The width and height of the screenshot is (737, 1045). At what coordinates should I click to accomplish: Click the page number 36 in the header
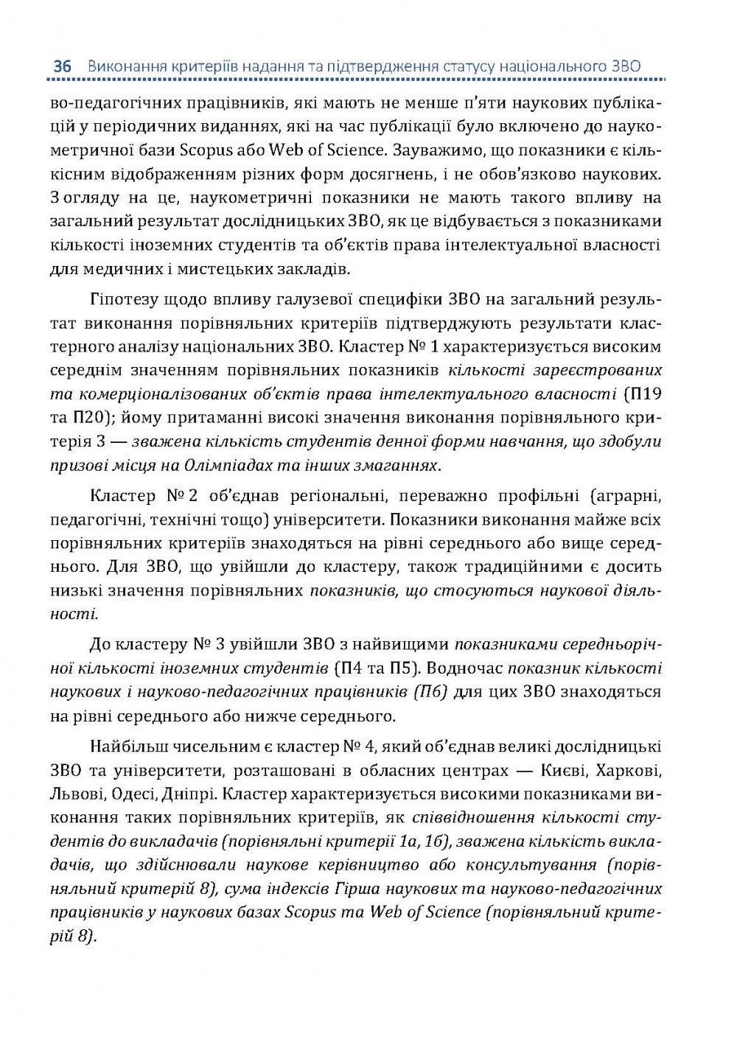click(x=62, y=66)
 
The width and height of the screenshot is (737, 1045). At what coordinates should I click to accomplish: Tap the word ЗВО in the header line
click(x=626, y=66)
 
